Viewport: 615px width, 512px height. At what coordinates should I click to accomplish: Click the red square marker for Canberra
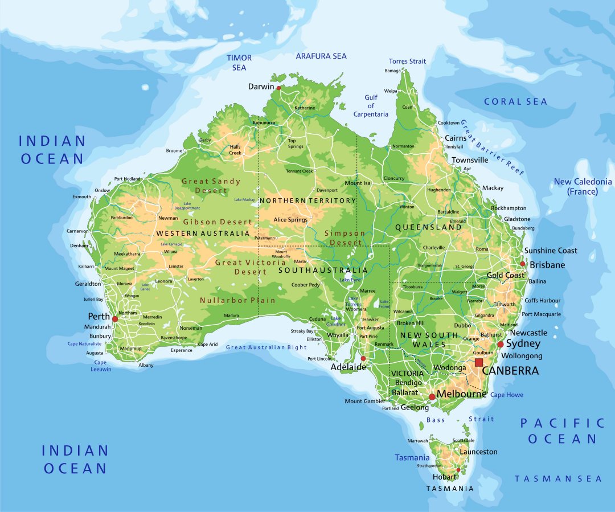[478, 362]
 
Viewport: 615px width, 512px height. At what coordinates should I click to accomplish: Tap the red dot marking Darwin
[278, 88]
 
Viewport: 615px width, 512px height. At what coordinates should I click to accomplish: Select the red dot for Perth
[114, 319]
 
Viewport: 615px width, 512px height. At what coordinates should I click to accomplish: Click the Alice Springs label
[290, 220]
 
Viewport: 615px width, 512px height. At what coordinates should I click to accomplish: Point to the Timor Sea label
[239, 63]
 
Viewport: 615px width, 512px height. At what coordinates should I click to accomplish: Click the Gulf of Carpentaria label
[371, 106]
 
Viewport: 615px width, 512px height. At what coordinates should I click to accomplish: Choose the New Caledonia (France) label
[583, 186]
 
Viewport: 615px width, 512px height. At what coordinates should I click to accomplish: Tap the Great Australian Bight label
[266, 347]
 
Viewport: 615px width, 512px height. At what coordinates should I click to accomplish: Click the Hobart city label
[444, 477]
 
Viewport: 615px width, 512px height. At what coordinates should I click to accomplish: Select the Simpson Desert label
[344, 238]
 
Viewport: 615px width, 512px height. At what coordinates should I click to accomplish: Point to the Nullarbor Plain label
[237, 300]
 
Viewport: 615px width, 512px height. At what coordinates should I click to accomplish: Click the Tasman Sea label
[558, 478]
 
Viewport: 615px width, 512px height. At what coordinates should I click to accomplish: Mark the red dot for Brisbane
[522, 264]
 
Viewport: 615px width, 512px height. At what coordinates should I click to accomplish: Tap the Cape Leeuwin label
[100, 366]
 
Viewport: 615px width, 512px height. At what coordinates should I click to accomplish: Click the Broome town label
[174, 151]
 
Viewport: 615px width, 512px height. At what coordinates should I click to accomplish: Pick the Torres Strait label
[407, 61]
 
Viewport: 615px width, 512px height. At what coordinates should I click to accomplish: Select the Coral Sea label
[515, 101]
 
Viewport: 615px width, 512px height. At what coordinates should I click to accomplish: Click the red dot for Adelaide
[363, 358]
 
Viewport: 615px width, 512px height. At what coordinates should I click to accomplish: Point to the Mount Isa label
[357, 183]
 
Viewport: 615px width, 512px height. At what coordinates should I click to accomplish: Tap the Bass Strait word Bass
[436, 420]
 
